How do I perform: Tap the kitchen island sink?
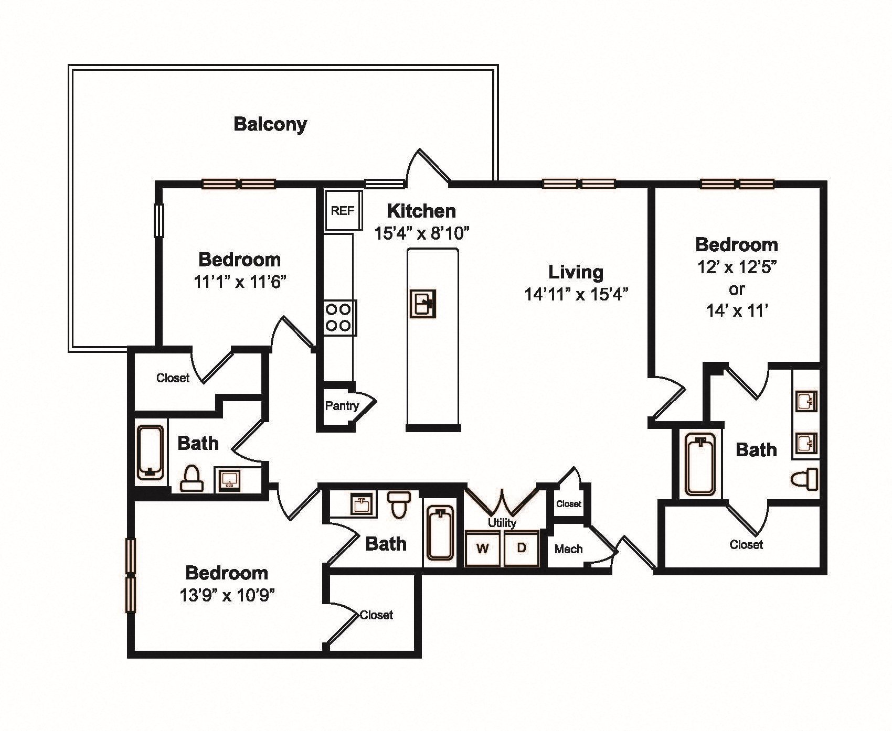tap(423, 304)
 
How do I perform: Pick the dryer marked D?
tap(522, 549)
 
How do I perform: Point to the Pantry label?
tap(342, 405)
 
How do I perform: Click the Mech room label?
tap(569, 549)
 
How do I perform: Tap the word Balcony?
tap(270, 125)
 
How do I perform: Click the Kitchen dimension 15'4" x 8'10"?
tap(421, 233)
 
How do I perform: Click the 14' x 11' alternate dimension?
tap(737, 311)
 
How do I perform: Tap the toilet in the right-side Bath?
tap(804, 478)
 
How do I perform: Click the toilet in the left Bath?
tap(192, 478)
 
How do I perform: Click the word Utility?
tap(502, 523)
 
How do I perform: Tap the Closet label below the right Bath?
tap(746, 545)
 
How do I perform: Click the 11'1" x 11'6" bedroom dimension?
tap(240, 282)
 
